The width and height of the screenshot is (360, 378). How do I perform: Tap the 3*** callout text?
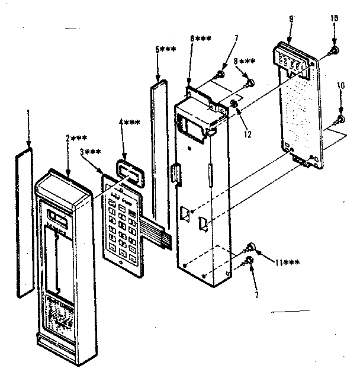click(x=89, y=152)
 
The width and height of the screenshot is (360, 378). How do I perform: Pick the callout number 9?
click(x=291, y=20)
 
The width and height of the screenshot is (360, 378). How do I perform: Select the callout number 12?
click(x=247, y=134)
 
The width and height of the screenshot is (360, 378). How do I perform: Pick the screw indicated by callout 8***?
click(x=250, y=82)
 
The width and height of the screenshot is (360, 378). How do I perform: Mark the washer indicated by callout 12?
click(x=234, y=105)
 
